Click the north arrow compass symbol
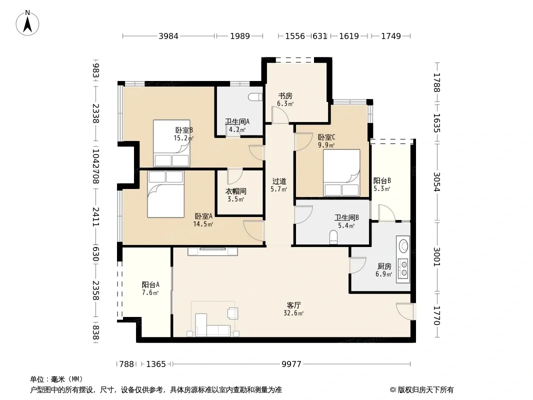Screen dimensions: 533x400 click(27, 23)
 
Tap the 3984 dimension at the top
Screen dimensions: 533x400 click(168, 36)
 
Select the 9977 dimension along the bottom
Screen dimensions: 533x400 click(291, 364)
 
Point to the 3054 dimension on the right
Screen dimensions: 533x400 click(437, 182)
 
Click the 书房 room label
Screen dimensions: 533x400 click(285, 96)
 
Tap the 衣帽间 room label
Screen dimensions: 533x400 click(236, 191)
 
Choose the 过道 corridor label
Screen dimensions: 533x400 click(279, 181)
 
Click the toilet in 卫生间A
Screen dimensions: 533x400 click(255, 97)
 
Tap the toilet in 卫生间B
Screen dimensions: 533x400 click(333, 237)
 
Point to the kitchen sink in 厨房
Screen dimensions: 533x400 click(403, 246)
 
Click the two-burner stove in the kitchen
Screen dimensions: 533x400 click(403, 268)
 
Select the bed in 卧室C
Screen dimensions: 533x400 click(341, 172)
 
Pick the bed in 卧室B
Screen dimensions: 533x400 click(171, 143)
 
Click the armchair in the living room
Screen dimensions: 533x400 click(233, 313)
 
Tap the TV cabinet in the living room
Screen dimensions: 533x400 click(212, 251)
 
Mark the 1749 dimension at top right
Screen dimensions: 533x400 click(391, 36)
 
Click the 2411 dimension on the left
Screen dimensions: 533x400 click(96, 217)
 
